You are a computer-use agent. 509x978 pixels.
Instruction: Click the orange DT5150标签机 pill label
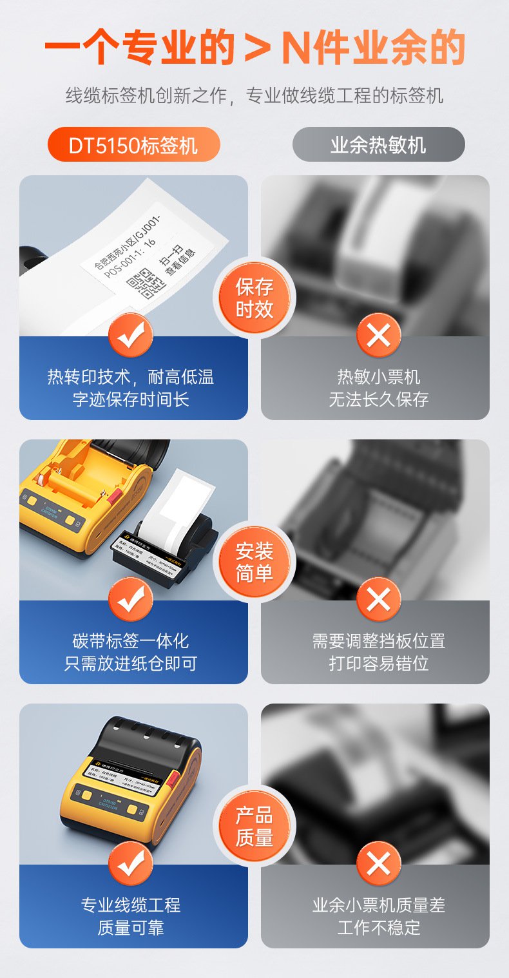[133, 145]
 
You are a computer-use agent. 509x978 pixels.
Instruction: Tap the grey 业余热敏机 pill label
[378, 145]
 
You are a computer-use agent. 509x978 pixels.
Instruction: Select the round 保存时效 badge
[254, 298]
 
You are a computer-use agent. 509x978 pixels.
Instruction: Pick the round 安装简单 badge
[254, 562]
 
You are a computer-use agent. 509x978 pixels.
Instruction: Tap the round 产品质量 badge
[254, 827]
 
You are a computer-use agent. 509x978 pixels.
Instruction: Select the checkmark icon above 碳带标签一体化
[131, 600]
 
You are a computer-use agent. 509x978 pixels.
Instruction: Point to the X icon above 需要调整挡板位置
[378, 600]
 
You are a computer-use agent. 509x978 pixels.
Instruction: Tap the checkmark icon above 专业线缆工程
[131, 863]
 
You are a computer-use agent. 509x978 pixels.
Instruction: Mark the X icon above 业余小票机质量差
[378, 863]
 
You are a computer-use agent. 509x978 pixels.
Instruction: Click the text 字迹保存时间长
[131, 399]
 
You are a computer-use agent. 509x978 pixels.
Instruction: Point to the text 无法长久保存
[378, 399]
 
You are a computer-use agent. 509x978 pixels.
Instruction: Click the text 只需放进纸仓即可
[131, 664]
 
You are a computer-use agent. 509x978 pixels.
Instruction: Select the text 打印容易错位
[378, 664]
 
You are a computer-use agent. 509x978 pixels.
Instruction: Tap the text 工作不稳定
[378, 928]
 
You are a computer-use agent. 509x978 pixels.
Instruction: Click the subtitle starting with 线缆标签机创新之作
[254, 96]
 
